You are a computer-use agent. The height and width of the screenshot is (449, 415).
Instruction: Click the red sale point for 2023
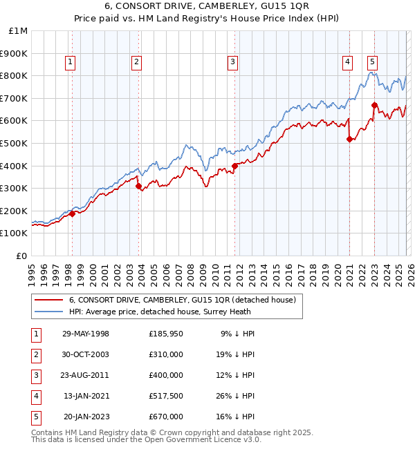point(374,105)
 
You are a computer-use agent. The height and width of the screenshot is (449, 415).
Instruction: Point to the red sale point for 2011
point(235,166)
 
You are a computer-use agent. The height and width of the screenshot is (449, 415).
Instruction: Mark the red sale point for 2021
point(349,140)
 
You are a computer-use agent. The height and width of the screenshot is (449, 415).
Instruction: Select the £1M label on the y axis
point(19,31)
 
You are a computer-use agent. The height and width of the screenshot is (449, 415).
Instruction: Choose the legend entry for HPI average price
point(168,312)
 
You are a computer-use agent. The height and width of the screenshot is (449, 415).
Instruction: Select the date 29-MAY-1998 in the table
point(85,334)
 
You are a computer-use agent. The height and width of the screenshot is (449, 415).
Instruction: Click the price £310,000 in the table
point(166,354)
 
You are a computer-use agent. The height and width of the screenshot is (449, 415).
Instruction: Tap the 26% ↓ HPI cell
point(235,396)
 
